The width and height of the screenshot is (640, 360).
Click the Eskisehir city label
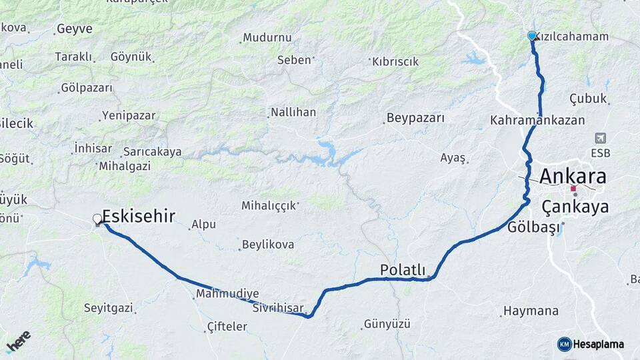tap(139, 215)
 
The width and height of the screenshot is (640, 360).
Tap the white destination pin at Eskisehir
tap(98, 219)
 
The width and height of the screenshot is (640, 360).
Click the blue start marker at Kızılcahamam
tap(532, 36)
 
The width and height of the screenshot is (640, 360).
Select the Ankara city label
tap(573, 177)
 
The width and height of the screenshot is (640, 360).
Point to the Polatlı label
tap(403, 270)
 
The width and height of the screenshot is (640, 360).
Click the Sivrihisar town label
tap(278, 309)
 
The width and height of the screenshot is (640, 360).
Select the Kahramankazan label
tap(537, 121)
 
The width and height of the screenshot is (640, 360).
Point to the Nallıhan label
tap(293, 112)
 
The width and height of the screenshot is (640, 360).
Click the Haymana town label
tap(531, 311)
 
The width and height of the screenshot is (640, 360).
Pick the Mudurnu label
tap(267, 38)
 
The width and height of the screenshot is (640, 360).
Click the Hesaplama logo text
tap(598, 345)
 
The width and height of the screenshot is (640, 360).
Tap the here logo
tap(18, 341)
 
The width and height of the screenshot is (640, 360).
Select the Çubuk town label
tap(588, 99)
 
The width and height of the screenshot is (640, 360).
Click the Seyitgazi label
tap(108, 308)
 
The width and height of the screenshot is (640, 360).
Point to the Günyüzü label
tap(387, 325)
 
